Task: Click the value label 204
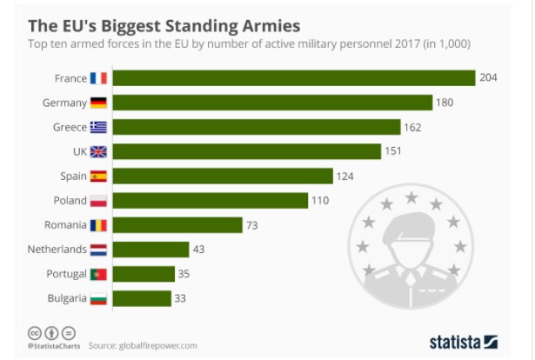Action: point(488,78)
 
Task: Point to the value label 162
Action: point(413,127)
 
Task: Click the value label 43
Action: point(200,250)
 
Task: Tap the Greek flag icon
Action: point(98,127)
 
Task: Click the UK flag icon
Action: point(98,151)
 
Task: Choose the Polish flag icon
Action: point(98,201)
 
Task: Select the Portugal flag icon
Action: point(98,274)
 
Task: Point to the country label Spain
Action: point(73,177)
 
